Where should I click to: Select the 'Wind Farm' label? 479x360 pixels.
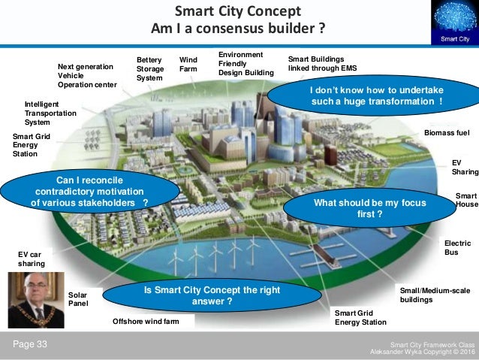[x=188, y=64]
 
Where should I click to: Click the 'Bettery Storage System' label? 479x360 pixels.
[x=149, y=68]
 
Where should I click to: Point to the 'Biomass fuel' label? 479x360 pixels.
[x=447, y=132]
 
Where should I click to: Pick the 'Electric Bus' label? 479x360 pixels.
[x=457, y=248]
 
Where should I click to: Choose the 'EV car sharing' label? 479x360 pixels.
[x=32, y=259]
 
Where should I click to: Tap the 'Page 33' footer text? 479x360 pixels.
[x=29, y=344]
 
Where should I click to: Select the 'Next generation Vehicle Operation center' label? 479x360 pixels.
[x=86, y=75]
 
